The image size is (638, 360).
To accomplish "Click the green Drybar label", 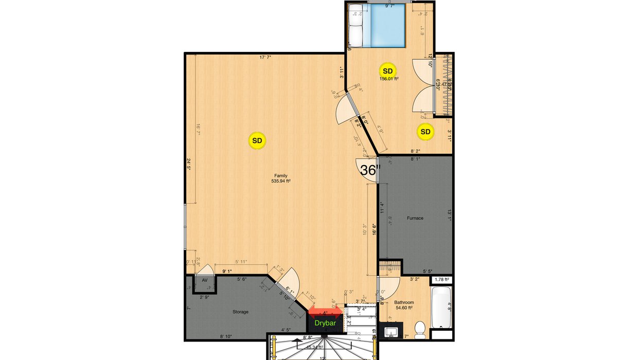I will (x=325, y=323).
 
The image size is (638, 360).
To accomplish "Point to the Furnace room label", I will (x=415, y=218).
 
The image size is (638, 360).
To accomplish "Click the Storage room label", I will (x=240, y=312).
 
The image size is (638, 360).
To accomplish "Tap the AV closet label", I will (x=204, y=281).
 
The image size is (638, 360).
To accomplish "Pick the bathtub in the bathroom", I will (x=441, y=307).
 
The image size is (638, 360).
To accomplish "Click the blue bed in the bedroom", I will (x=389, y=25).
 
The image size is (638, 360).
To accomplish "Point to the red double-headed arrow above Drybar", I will (x=325, y=312).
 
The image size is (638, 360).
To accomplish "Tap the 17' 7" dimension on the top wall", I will (x=265, y=58).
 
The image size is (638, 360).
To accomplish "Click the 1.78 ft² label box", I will (x=442, y=280).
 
